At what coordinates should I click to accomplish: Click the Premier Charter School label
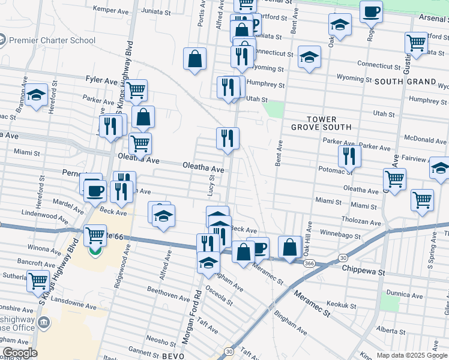coord(53,40)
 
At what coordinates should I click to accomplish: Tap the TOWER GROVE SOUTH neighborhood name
coord(321,124)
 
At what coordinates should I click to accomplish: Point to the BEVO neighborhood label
coord(175,356)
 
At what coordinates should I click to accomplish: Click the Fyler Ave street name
coord(101,79)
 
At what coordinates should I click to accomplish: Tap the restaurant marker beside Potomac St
coord(349,157)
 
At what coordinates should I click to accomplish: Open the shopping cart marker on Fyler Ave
coord(136,91)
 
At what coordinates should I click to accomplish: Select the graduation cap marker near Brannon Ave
coord(37,95)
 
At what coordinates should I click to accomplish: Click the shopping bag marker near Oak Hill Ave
coord(289,247)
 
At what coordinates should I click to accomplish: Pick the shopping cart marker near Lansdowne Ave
coord(38,280)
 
